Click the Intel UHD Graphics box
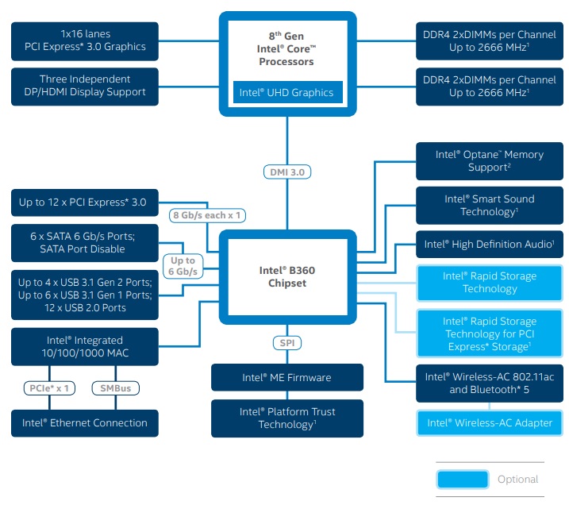click(x=286, y=92)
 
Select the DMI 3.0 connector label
click(x=286, y=172)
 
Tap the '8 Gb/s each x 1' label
click(x=207, y=215)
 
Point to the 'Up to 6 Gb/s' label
click(x=183, y=266)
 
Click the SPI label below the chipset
click(x=286, y=343)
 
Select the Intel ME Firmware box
click(x=286, y=377)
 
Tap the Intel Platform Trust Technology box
click(x=286, y=418)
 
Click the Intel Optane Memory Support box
click(x=489, y=160)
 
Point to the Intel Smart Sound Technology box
click(x=489, y=205)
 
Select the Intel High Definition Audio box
click(x=489, y=245)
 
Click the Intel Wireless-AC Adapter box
click(x=489, y=422)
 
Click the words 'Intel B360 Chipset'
click(x=286, y=276)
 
